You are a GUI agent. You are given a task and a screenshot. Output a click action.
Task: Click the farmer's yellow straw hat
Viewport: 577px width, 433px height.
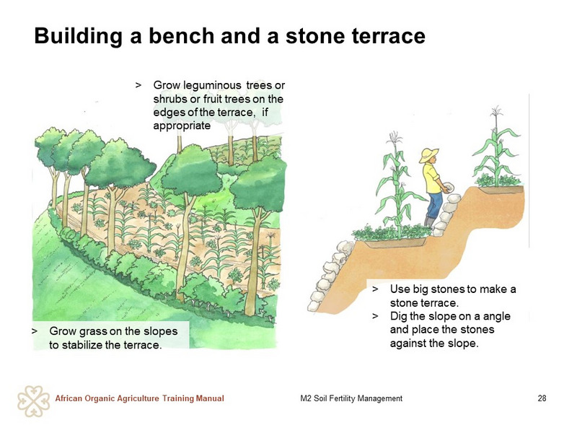[x=429, y=154]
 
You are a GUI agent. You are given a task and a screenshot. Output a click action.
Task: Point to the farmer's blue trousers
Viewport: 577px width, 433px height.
[x=435, y=205]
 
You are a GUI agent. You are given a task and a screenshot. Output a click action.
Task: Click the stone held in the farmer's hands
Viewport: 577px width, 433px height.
[x=447, y=187]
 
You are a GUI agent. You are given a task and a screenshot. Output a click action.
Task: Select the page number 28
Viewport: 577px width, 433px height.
[x=542, y=398]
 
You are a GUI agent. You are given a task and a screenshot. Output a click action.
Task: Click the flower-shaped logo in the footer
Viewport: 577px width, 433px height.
[x=33, y=401]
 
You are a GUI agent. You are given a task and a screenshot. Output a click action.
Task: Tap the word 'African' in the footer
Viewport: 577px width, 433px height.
[x=69, y=398]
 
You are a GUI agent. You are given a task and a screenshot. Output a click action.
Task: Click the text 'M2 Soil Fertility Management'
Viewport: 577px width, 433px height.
[x=351, y=398]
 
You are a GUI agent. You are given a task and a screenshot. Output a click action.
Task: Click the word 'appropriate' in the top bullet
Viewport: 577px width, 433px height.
[x=182, y=126]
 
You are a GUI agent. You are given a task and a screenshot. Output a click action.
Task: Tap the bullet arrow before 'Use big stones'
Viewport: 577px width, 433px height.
[x=375, y=289]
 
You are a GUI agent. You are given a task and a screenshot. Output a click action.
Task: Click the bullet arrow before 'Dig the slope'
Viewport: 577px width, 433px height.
[x=375, y=316]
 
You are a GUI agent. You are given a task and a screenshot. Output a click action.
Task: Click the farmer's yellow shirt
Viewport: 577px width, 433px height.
[x=433, y=178]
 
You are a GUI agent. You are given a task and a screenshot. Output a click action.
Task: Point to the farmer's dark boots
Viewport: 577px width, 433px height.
[x=430, y=222]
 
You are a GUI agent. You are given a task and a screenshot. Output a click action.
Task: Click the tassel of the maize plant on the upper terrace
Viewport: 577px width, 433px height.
[x=497, y=111]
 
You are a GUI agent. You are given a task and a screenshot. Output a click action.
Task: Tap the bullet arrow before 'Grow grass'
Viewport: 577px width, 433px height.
[x=34, y=331]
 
